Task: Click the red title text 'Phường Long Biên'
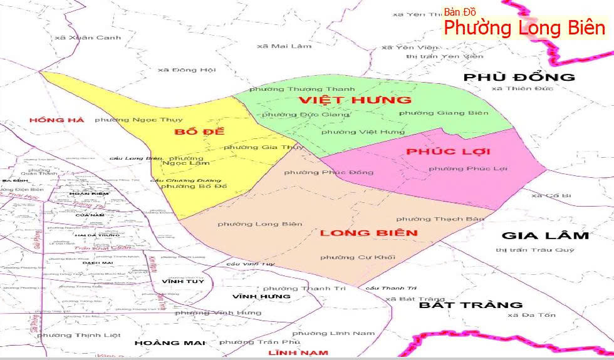coord(525,28)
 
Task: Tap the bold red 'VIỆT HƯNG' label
coord(355,100)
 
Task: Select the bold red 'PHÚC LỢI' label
coord(448,152)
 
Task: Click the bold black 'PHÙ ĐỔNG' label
coord(519,78)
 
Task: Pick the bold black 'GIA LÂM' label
coord(545,236)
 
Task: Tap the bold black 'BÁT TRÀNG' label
coord(471,306)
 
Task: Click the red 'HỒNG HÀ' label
coord(56,120)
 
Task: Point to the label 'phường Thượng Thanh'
coord(302,90)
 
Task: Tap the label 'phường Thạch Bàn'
coord(440,219)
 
